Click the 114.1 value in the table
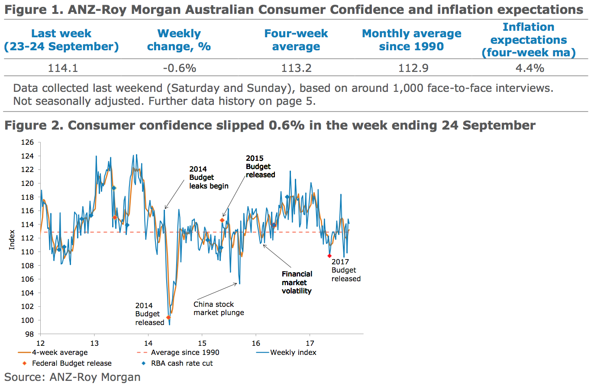[x=63, y=68]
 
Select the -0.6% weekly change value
[x=179, y=68]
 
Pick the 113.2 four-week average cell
[x=296, y=68]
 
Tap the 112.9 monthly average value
[x=411, y=68]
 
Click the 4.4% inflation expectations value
[x=529, y=68]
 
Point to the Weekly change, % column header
[x=179, y=40]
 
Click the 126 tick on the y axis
[x=27, y=142]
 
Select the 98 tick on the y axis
[x=29, y=334]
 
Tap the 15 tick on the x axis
[x=202, y=343]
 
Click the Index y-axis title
[x=12, y=240]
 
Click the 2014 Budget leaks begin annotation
[x=208, y=178]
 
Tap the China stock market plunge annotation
[x=219, y=309]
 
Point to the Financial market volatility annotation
[x=297, y=283]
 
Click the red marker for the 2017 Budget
[x=329, y=256]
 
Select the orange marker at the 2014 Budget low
[x=168, y=318]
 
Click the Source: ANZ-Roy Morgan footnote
[x=72, y=377]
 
